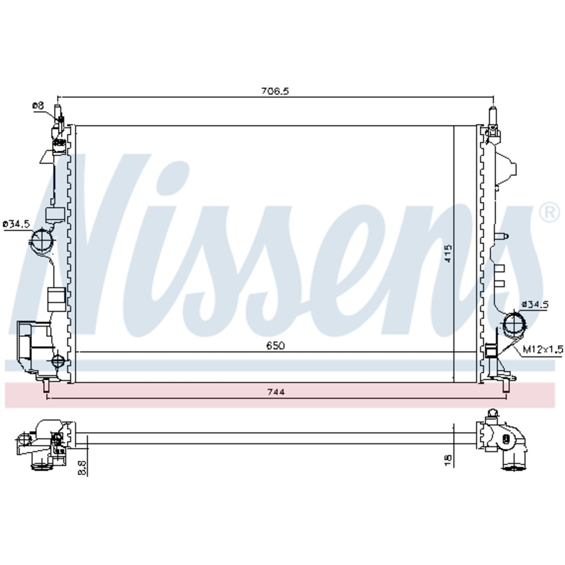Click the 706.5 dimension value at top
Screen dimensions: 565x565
click(275, 91)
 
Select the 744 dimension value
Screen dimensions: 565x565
click(275, 392)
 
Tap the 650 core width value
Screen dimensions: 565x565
click(275, 346)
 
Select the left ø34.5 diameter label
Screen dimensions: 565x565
click(16, 225)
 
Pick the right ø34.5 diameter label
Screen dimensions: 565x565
click(535, 305)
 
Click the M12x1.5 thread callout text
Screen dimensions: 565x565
click(543, 349)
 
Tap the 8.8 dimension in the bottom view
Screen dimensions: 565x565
click(82, 468)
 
